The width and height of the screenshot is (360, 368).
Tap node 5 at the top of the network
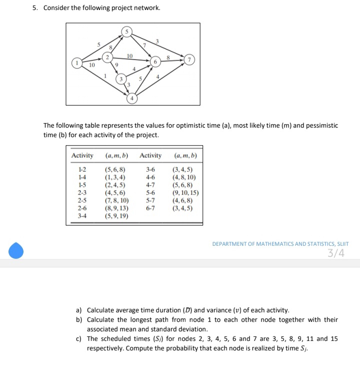point(126,32)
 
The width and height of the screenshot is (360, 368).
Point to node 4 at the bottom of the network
point(131,98)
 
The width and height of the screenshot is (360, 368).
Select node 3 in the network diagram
point(119,80)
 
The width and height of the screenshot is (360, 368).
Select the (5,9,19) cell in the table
point(116,216)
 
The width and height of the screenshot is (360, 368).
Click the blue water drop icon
point(16,250)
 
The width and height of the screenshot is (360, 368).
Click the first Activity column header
point(82,156)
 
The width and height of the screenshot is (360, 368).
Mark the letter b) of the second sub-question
point(79,319)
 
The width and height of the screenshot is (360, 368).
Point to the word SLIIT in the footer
point(342,244)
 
